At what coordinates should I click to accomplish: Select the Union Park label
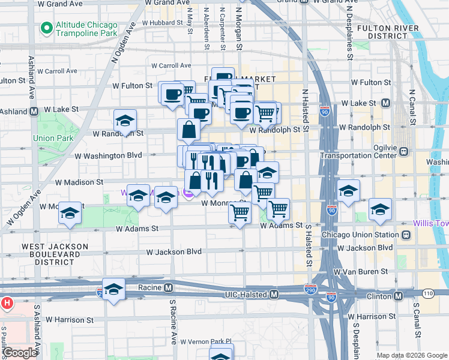tap(53, 138)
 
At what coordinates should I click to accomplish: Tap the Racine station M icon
tap(169, 287)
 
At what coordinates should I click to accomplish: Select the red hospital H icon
tap(7, 304)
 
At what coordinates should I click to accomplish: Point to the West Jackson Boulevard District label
tap(55, 254)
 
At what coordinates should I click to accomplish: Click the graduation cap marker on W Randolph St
tap(125, 122)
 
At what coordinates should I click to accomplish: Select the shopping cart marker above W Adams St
tap(240, 212)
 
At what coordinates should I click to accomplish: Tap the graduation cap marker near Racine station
tap(113, 289)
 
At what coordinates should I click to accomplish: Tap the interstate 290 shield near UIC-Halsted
tap(310, 289)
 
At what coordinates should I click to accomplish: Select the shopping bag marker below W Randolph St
tap(188, 129)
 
